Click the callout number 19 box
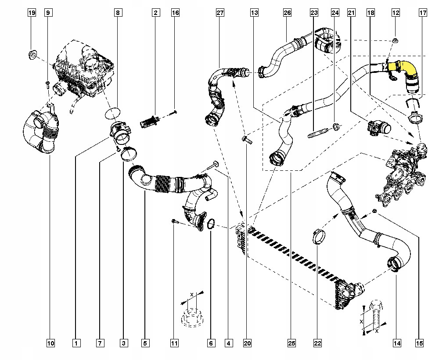32,13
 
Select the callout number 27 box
220,13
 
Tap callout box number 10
50,343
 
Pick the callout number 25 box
291,343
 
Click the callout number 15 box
419,343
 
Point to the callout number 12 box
396,13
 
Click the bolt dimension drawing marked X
374,318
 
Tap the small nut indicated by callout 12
396,40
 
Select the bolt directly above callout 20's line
247,139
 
